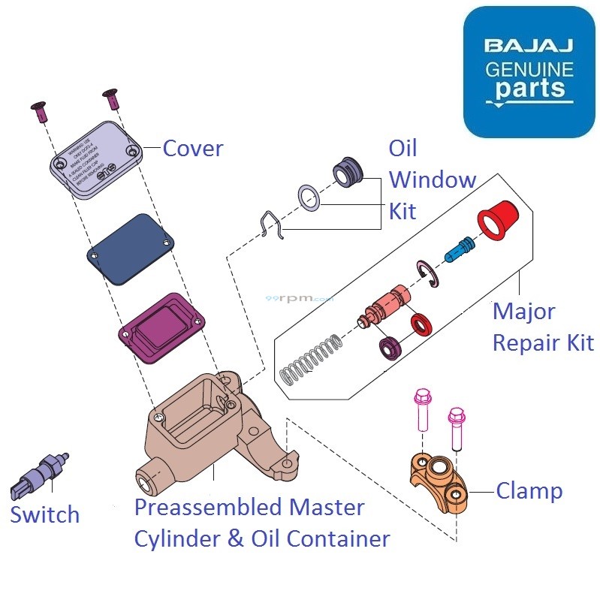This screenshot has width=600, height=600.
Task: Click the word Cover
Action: pos(193,149)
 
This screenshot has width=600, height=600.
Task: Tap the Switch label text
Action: pos(44,515)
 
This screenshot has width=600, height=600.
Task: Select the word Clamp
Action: pos(529,491)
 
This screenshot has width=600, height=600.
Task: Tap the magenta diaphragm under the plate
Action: pos(162,328)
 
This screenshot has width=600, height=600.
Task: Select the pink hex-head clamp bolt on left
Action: pos(421,413)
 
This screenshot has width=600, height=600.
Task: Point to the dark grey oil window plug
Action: pos(348,171)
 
